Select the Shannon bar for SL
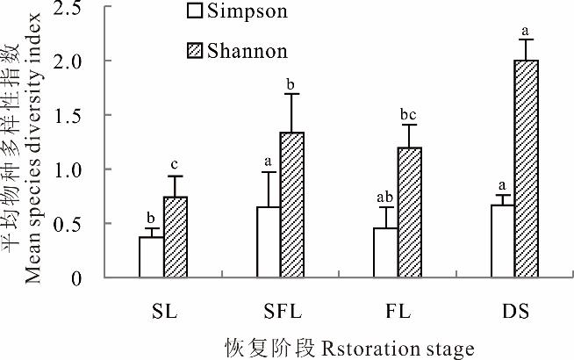(x=176, y=237)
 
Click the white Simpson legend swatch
(x=195, y=11)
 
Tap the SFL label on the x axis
(x=281, y=312)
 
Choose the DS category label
(x=515, y=312)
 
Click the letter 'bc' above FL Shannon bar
(x=410, y=115)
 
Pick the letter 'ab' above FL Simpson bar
(x=385, y=198)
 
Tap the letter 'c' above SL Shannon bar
(x=176, y=165)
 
